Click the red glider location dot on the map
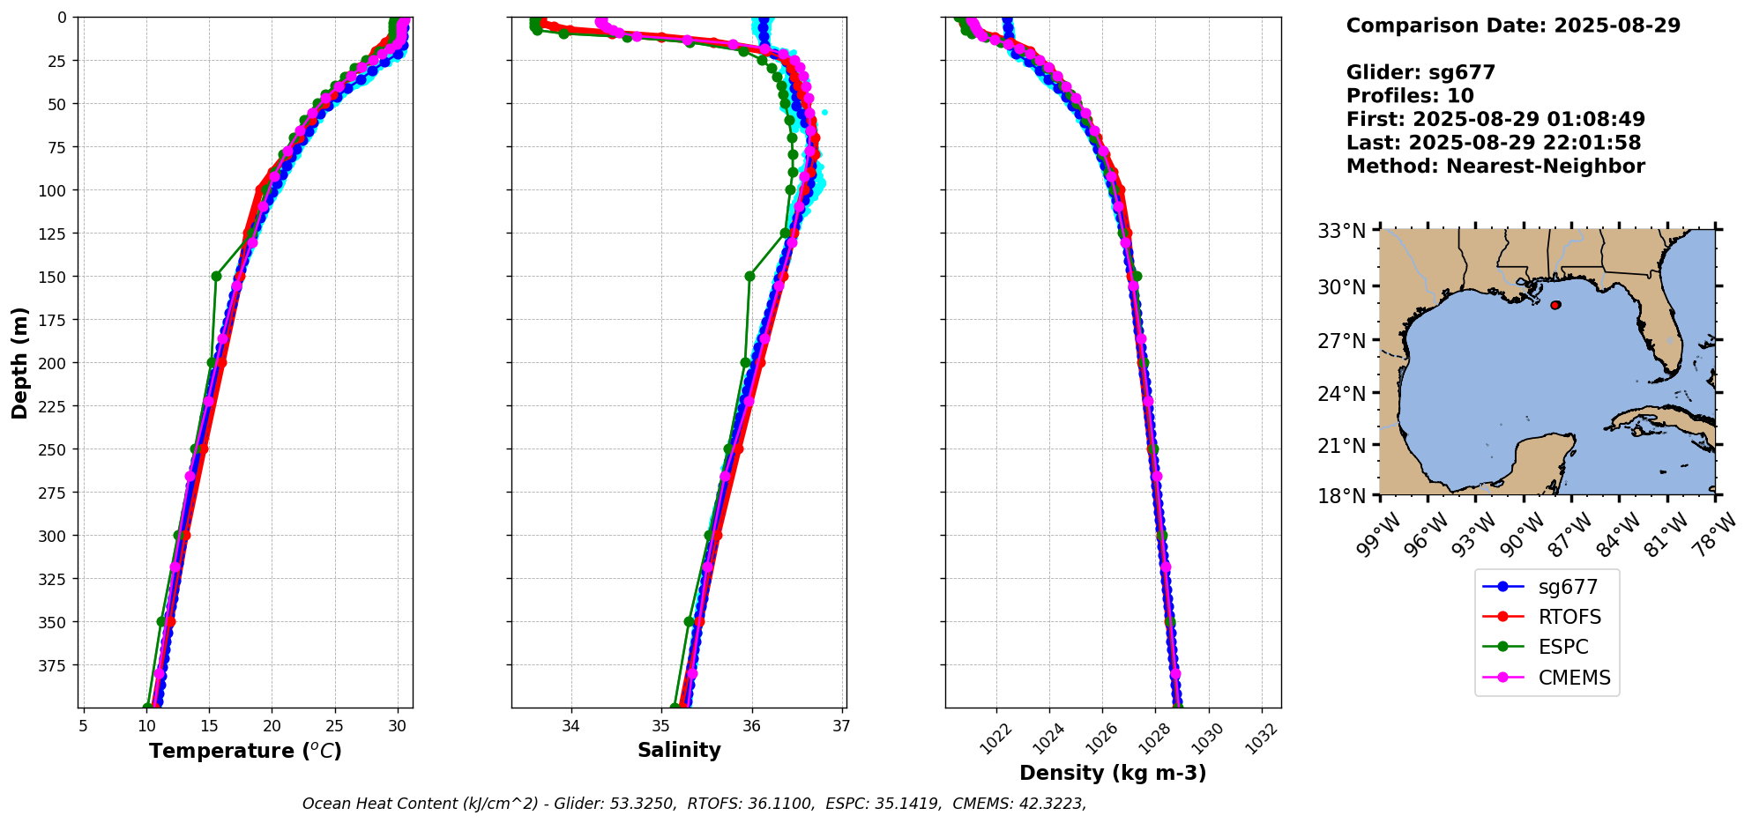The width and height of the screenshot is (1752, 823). pyautogui.click(x=1555, y=305)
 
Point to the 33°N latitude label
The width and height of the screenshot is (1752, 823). pyautogui.click(x=1341, y=232)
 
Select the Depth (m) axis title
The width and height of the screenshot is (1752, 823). pyautogui.click(x=20, y=362)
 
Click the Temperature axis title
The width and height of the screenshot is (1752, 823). pyautogui.click(x=245, y=751)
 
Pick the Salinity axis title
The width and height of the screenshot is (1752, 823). pyautogui.click(x=679, y=750)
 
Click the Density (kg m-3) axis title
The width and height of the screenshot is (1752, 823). pyautogui.click(x=1113, y=773)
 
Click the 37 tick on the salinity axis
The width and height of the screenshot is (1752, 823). pyautogui.click(x=841, y=726)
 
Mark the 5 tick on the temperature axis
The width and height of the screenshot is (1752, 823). pyautogui.click(x=83, y=726)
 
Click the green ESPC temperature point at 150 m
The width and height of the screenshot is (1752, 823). pyautogui.click(x=216, y=276)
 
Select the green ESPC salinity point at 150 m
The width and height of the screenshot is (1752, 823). pyautogui.click(x=749, y=276)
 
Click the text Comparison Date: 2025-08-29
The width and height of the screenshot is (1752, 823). pyautogui.click(x=1513, y=26)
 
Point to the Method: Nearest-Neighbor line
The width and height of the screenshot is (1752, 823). pyautogui.click(x=1495, y=167)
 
